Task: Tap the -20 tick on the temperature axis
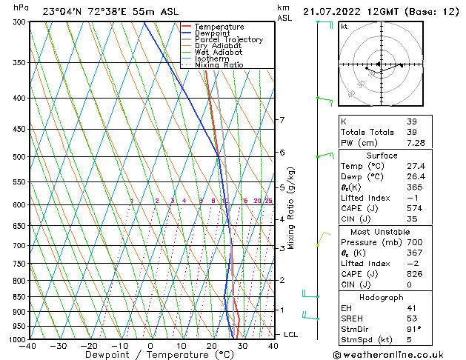click(88, 346)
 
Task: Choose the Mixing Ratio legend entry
click(219, 65)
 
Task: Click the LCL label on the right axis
click(291, 335)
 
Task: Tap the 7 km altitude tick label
click(282, 120)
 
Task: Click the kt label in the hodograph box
click(344, 26)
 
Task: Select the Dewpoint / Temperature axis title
click(150, 356)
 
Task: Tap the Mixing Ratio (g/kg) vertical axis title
click(292, 208)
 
